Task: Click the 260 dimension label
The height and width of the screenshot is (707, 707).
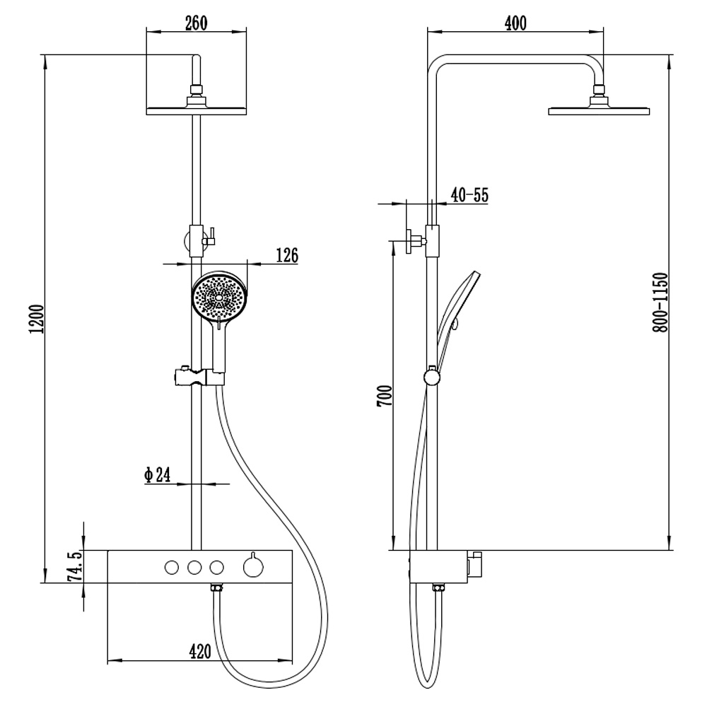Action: pos(195,22)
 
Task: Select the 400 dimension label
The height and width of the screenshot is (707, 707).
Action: pos(515,23)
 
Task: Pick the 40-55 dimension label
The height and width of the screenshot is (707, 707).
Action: pos(469,196)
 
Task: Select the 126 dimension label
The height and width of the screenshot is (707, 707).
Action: pos(287,255)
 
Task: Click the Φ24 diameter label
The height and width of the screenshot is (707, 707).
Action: pos(158,475)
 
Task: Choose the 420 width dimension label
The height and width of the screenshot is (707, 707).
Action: pos(200,651)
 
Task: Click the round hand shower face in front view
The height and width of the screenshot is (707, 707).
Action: pos(220,298)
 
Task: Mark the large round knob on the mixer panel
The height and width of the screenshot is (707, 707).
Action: pos(251,566)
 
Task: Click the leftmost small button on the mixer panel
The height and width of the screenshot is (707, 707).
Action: pos(171,566)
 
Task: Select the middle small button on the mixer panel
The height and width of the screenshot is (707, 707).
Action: pos(194,566)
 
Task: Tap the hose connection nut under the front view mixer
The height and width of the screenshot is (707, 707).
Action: pos(218,588)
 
